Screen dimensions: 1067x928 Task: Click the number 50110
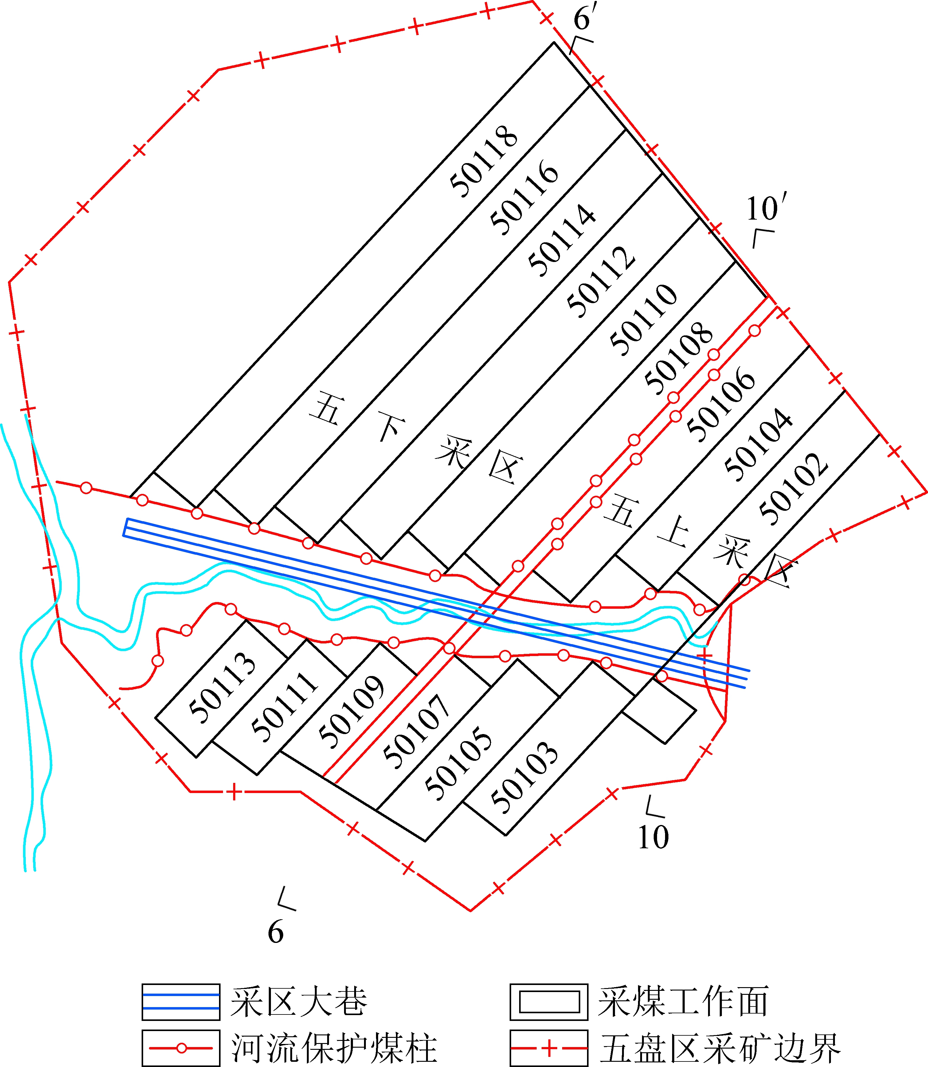644,320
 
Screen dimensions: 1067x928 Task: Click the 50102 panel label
794,489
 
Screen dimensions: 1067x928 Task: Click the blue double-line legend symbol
181,1002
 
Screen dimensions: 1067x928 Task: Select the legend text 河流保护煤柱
334,1048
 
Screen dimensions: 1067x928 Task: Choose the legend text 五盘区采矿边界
720,1048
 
